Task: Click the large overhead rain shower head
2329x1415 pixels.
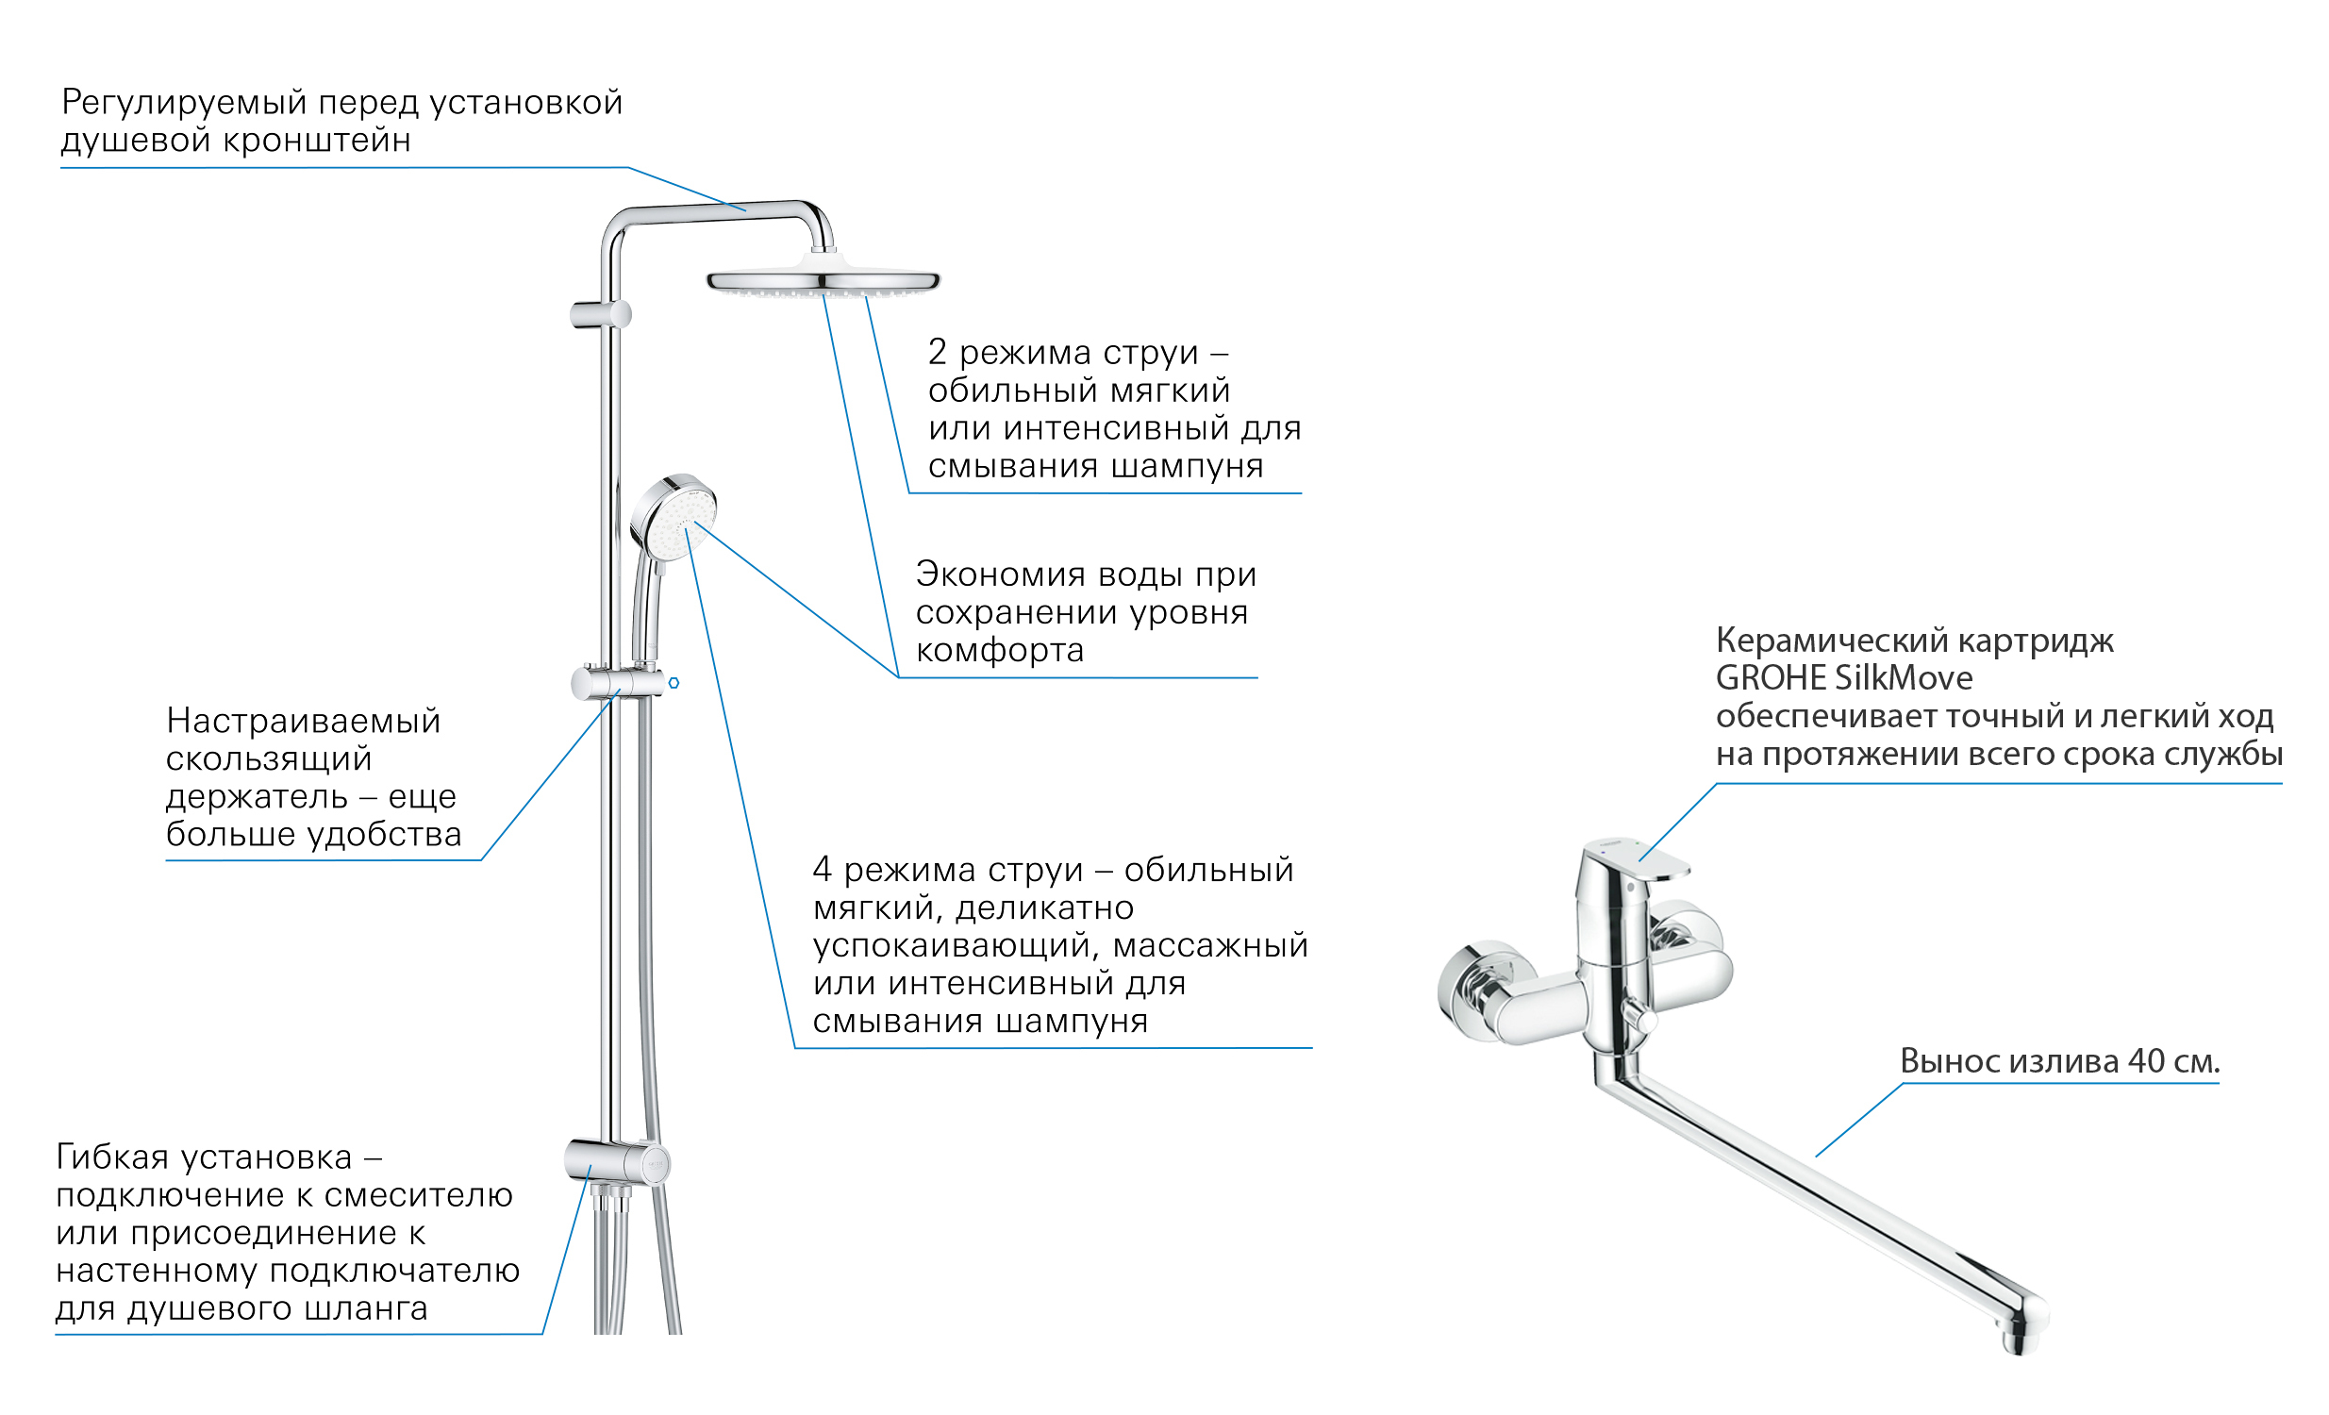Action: coord(823,281)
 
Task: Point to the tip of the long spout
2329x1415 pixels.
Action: coord(2022,1333)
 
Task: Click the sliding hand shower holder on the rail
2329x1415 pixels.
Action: coord(614,681)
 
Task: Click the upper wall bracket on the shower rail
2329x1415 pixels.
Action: coord(600,314)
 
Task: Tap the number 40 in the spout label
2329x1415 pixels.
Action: coord(2146,1061)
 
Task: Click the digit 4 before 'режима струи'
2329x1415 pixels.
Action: coord(823,870)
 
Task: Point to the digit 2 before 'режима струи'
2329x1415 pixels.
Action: coord(937,353)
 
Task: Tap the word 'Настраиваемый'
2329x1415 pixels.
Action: coord(304,722)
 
